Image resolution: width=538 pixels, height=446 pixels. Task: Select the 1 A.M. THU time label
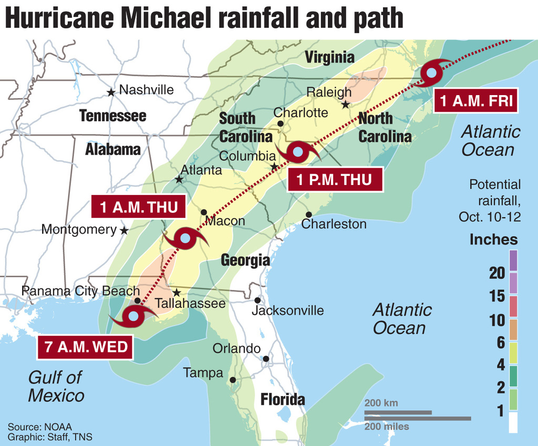(139, 206)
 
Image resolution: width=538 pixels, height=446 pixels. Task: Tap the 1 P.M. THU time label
(334, 180)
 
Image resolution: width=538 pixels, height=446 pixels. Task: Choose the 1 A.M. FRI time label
(476, 101)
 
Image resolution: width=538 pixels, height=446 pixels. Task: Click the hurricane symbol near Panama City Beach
(133, 316)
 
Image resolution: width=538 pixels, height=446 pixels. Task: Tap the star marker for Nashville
(111, 92)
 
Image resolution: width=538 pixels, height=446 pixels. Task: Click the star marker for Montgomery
(124, 230)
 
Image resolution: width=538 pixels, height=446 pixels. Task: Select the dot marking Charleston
(309, 214)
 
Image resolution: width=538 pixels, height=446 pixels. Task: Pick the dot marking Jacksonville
(257, 300)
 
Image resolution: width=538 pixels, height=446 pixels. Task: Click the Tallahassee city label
(190, 304)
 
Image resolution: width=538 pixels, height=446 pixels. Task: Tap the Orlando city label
(236, 348)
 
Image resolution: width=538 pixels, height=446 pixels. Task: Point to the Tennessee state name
(112, 116)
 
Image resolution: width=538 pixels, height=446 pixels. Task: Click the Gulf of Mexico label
(56, 386)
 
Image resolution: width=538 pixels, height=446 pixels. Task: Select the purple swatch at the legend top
(513, 260)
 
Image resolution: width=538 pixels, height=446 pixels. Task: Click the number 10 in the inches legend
(497, 320)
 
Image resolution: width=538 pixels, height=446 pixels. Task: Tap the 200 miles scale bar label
(387, 427)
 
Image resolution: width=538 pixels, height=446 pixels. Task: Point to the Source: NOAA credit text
(40, 426)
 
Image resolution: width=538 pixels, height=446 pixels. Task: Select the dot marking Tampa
(233, 379)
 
